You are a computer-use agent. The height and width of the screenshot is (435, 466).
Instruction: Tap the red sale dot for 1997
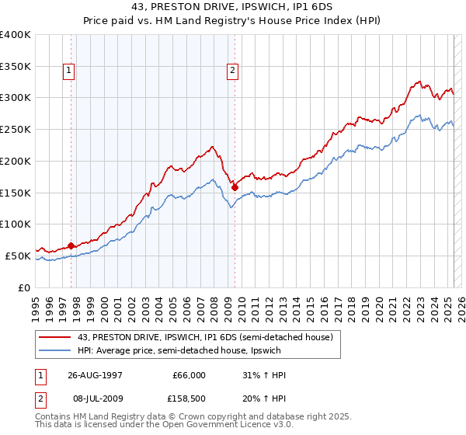pos(71,245)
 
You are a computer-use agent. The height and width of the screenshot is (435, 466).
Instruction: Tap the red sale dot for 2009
pos(235,186)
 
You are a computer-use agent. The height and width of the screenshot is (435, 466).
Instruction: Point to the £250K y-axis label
pos(16,130)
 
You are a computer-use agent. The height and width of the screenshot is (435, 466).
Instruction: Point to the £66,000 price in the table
pos(190,375)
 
